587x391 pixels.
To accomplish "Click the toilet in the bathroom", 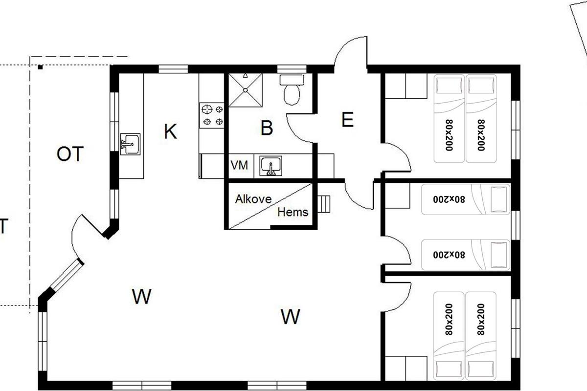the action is tap(292, 89).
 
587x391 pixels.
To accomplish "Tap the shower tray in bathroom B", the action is tap(245, 90).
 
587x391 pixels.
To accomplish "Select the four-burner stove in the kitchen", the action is tap(212, 115).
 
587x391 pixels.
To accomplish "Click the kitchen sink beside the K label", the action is tap(130, 144).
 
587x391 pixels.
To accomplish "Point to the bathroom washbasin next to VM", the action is tap(271, 166).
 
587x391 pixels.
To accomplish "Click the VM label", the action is tap(239, 165).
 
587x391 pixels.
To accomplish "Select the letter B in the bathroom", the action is tap(267, 128).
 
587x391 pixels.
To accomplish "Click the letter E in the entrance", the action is tap(348, 119).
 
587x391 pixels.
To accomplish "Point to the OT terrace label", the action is tap(70, 154).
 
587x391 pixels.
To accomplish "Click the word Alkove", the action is tap(253, 199).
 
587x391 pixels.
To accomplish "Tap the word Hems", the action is tap(293, 212).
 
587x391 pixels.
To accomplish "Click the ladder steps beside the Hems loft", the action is tap(324, 204).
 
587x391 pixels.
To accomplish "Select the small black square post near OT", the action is tap(40, 67).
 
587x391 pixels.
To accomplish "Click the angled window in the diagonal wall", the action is tap(67, 275).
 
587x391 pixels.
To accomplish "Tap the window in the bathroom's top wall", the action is tap(292, 69).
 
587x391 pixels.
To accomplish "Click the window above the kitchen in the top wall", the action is tap(173, 69).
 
